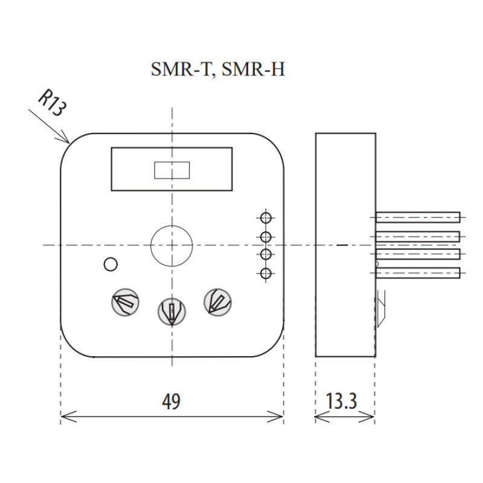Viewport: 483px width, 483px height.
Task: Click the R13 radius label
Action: pyautogui.click(x=52, y=103)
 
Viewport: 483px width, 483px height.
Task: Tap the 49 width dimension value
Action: pyautogui.click(x=171, y=401)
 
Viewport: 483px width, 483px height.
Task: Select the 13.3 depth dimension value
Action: pyautogui.click(x=341, y=401)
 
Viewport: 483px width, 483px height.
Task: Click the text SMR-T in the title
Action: pyautogui.click(x=182, y=69)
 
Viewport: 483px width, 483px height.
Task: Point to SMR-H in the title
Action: pyautogui.click(x=253, y=69)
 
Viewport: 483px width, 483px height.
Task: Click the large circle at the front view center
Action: pyautogui.click(x=171, y=225)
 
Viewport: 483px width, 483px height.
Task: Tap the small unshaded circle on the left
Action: pyautogui.click(x=110, y=264)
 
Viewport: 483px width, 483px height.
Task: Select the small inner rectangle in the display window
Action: pyautogui.click(x=172, y=170)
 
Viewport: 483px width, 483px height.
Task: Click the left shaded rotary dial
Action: pyautogui.click(x=125, y=302)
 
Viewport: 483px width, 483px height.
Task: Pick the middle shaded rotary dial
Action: pyautogui.click(x=171, y=312)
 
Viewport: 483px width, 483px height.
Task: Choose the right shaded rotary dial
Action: pyautogui.click(x=218, y=302)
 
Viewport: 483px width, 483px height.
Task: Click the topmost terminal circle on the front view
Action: pyautogui.click(x=266, y=218)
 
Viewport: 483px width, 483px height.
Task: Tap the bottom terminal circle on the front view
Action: pyautogui.click(x=266, y=273)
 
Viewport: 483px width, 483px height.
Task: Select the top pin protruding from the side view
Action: pyautogui.click(x=418, y=217)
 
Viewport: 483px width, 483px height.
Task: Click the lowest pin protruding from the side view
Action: pyautogui.click(x=418, y=273)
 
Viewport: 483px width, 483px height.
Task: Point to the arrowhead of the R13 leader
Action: pyautogui.click(x=69, y=143)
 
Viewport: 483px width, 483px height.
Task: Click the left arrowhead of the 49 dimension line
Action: pyautogui.click(x=62, y=417)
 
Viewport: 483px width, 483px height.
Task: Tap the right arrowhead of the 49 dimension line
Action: pyautogui.click(x=283, y=417)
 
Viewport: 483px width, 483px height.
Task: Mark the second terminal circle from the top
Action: pyautogui.click(x=266, y=237)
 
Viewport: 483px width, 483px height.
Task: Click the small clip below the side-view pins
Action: pyautogui.click(x=381, y=309)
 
